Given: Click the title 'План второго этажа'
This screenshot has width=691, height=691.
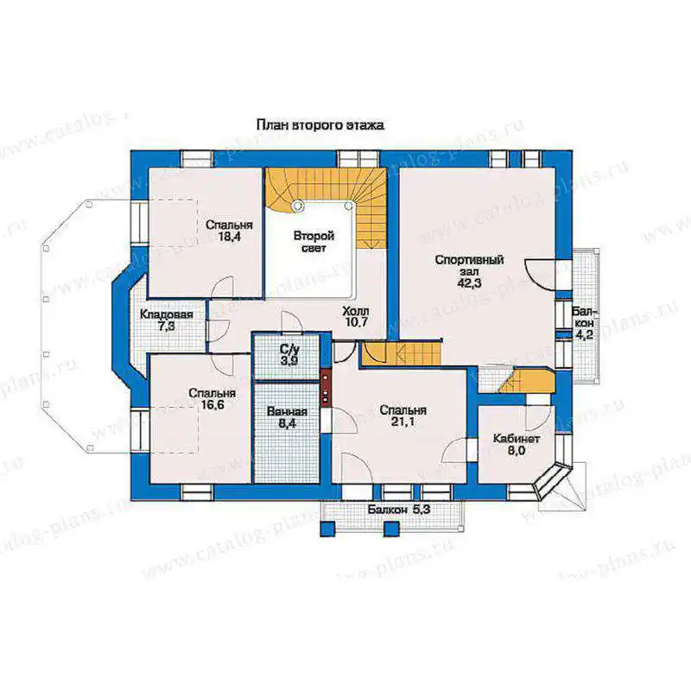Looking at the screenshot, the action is click(x=320, y=125).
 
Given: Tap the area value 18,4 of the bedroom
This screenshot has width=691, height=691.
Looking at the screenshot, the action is click(x=229, y=237).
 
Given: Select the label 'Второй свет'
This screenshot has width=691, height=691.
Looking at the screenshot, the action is click(x=314, y=242).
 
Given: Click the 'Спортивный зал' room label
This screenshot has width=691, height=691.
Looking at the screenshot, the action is click(x=469, y=266).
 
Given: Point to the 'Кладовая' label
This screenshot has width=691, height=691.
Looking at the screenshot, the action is click(x=167, y=314).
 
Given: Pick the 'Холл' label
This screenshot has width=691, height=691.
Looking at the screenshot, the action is click(x=356, y=312).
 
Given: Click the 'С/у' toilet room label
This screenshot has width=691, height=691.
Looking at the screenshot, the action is click(x=289, y=350).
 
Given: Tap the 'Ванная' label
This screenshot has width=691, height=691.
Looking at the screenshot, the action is click(x=287, y=412).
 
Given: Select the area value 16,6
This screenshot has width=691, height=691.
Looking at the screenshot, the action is click(x=212, y=405).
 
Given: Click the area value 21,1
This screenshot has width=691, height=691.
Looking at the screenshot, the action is click(x=403, y=422).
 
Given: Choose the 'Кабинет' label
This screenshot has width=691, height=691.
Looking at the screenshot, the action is click(x=517, y=439).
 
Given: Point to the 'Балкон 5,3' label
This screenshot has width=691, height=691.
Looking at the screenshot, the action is click(x=399, y=510).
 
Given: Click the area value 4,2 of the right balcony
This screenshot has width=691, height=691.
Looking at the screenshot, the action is click(x=585, y=335).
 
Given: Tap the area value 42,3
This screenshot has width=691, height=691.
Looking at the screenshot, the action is click(x=469, y=283).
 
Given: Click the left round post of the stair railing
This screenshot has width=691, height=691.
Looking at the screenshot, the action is click(x=299, y=205).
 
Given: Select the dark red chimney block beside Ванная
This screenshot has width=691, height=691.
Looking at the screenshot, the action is click(x=326, y=386).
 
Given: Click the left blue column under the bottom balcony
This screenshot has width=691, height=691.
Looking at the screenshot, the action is click(x=327, y=529).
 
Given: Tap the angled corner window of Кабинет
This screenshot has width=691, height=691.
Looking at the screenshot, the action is click(x=552, y=480).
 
